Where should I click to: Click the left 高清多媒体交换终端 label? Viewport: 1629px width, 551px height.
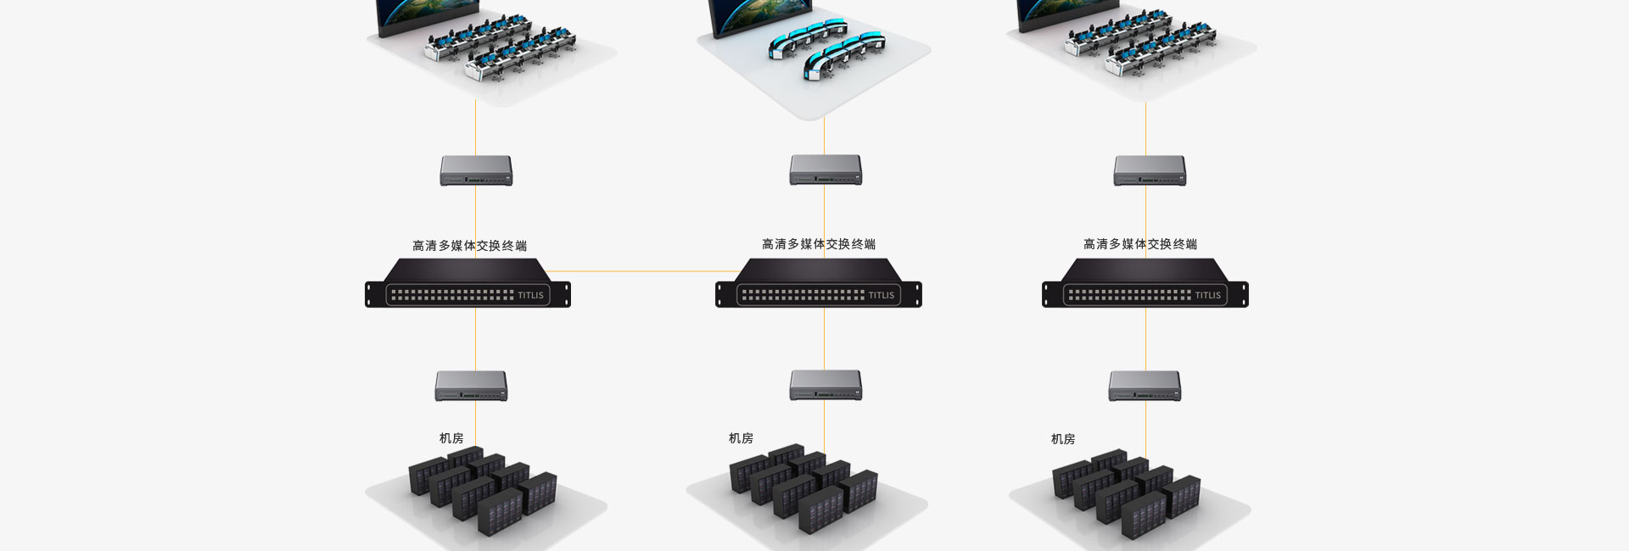tap(469, 246)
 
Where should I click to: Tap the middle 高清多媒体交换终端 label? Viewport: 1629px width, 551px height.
tap(819, 244)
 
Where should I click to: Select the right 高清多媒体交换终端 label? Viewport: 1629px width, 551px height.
tap(1140, 244)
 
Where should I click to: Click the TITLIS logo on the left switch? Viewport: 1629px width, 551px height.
tap(530, 296)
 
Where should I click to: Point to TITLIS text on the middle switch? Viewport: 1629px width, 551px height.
tap(881, 296)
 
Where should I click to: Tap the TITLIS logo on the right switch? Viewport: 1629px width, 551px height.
tap(1207, 296)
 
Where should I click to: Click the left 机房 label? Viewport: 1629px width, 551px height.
tap(451, 438)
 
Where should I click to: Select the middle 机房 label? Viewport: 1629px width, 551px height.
tap(741, 438)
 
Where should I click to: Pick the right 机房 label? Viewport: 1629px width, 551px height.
tap(1063, 439)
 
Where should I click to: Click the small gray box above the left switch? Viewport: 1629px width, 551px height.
tap(476, 170)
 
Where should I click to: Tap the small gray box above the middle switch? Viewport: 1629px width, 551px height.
tap(826, 170)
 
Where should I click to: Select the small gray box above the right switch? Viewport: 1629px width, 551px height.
tap(1150, 170)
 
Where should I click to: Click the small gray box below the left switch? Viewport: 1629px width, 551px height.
tap(471, 386)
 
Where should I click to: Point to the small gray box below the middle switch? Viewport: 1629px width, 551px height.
tap(826, 385)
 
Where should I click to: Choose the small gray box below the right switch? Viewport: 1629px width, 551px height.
tap(1145, 386)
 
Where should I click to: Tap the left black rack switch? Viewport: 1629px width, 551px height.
tap(467, 285)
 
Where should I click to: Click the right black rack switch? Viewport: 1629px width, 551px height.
tap(1145, 285)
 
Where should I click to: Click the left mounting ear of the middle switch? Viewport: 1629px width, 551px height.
tap(721, 294)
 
